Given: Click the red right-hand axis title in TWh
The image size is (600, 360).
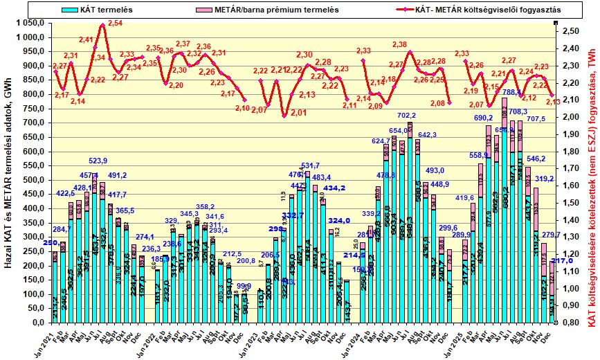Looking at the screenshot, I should point(592,180).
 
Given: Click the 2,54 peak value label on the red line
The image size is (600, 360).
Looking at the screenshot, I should point(115,24).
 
